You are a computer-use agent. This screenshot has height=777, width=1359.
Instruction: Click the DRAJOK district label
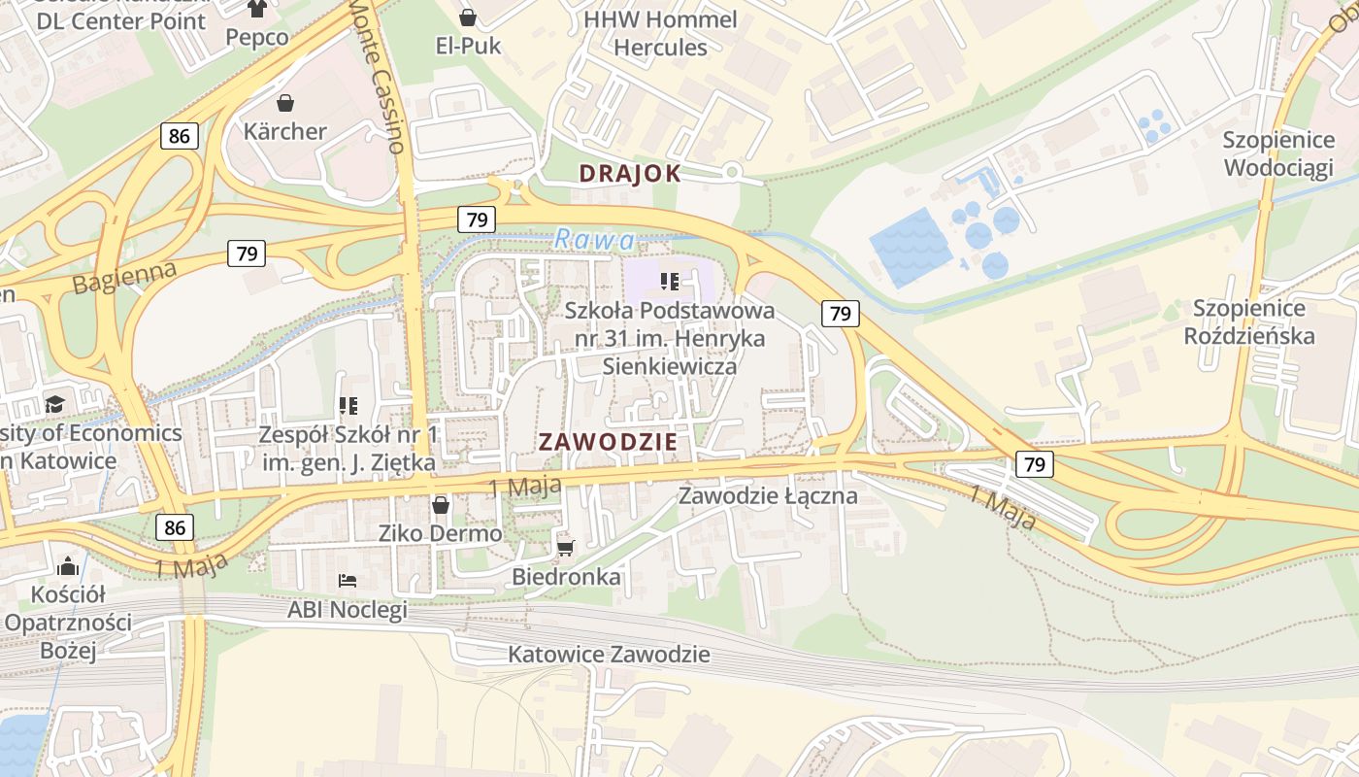click(629, 174)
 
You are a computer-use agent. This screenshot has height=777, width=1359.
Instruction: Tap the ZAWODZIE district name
click(608, 441)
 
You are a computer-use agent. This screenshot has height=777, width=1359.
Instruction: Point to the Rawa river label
click(596, 239)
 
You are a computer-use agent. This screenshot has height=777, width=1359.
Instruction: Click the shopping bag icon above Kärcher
click(285, 102)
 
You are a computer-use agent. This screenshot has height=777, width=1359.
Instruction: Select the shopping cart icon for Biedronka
click(566, 549)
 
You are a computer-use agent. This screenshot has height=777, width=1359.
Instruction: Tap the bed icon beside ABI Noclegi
click(348, 581)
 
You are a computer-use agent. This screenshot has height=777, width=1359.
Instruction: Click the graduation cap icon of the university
click(55, 404)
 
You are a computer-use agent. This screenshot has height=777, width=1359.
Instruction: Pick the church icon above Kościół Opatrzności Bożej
click(68, 565)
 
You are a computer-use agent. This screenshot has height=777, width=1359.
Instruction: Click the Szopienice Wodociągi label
click(1277, 153)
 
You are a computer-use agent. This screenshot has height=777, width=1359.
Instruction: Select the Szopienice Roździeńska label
click(1253, 322)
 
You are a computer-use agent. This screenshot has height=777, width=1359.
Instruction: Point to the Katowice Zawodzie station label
click(609, 654)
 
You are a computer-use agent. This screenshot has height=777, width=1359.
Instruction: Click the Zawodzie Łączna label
click(768, 495)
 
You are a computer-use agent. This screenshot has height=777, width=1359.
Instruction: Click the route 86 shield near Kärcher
click(180, 136)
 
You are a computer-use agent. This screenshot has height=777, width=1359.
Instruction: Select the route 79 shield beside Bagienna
click(247, 253)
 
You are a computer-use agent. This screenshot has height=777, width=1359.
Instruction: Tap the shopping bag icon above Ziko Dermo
click(441, 505)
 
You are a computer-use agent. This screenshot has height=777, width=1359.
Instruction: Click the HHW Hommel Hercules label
click(660, 33)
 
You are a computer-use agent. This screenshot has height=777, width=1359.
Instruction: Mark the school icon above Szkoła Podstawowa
click(669, 283)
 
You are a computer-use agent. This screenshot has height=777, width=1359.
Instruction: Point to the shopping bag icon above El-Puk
click(468, 17)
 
